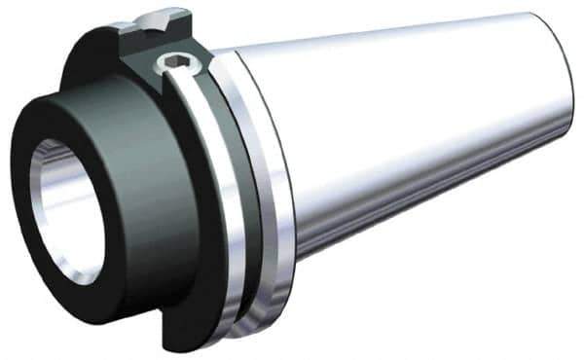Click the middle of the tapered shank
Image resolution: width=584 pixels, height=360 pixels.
pyautogui.click(x=409, y=136)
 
